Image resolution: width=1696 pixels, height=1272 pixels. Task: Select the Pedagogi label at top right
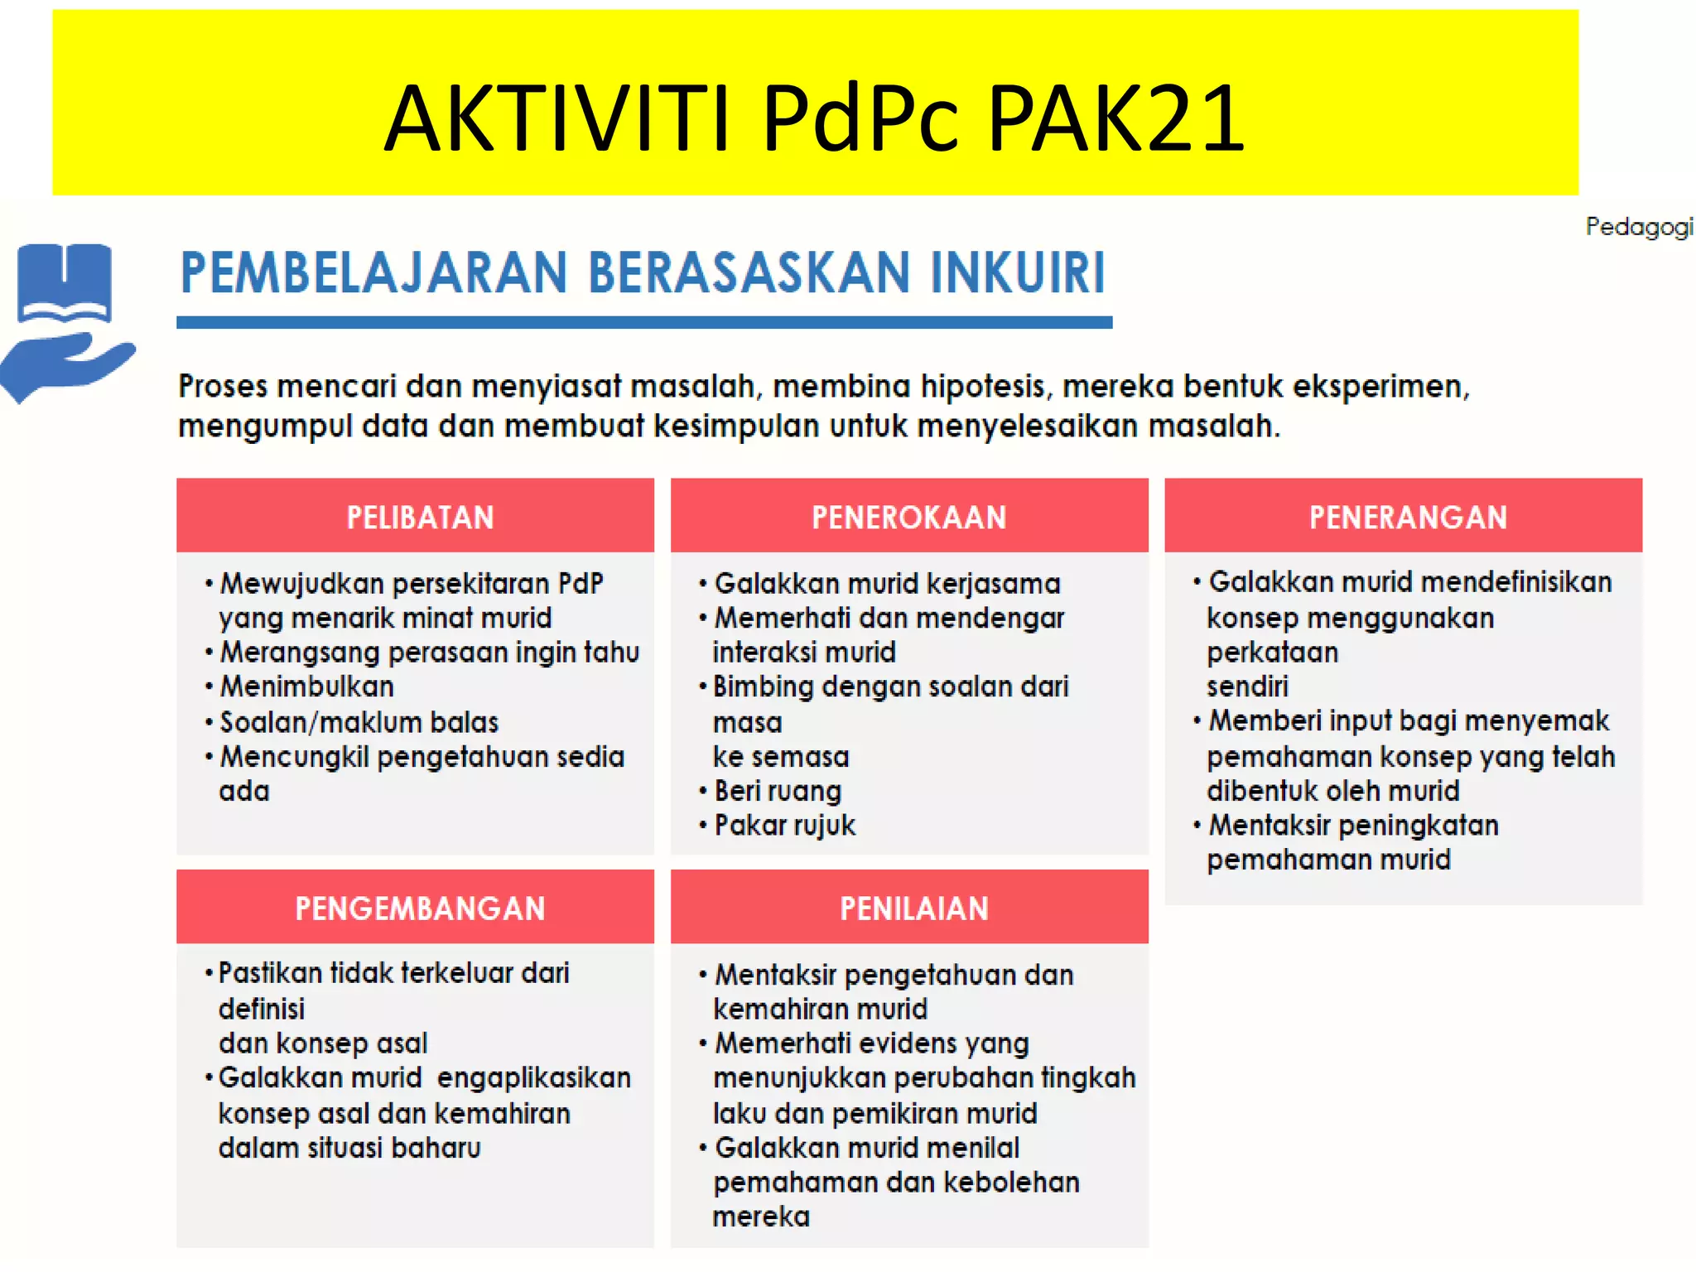pyautogui.click(x=1638, y=226)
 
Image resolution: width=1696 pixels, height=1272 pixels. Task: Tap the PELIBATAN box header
pyautogui.click(x=420, y=518)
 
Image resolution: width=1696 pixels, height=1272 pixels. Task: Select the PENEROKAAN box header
pyautogui.click(x=908, y=518)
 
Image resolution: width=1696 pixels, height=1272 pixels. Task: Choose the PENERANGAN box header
pyautogui.click(x=1407, y=518)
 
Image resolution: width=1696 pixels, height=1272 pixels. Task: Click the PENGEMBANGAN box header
pyautogui.click(x=420, y=908)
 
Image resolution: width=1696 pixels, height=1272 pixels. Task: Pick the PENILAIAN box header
pyautogui.click(x=913, y=908)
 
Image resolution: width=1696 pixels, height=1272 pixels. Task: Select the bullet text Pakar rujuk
pyautogui.click(x=784, y=826)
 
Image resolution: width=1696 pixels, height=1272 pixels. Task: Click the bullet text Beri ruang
pyautogui.click(x=778, y=791)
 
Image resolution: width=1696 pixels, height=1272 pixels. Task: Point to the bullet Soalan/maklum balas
pyautogui.click(x=359, y=723)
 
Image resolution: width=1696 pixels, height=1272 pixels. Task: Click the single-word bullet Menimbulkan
pyautogui.click(x=306, y=687)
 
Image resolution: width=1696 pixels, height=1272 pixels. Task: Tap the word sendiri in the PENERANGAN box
pyautogui.click(x=1247, y=687)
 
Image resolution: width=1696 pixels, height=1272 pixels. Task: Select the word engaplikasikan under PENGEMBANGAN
pyautogui.click(x=534, y=1078)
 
